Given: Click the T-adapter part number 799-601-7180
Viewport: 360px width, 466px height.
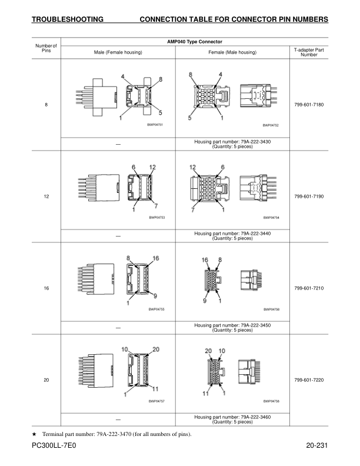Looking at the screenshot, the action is (309, 105).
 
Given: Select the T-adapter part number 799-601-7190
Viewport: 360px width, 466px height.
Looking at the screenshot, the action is (309, 197).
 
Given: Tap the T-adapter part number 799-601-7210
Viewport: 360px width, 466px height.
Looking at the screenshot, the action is (309, 288).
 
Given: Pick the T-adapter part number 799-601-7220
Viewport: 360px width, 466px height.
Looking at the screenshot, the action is (309, 380).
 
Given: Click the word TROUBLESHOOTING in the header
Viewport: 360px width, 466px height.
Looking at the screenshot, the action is (68, 19).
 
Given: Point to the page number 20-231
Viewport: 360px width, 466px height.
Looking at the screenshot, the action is (317, 445).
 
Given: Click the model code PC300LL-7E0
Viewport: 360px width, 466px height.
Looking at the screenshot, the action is (54, 445).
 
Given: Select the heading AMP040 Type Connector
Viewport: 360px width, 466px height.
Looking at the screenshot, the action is (195, 42).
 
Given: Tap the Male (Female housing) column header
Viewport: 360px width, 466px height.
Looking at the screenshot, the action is (118, 52).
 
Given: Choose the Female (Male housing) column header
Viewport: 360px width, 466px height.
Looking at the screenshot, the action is (232, 52).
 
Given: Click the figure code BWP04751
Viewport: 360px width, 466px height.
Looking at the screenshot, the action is (155, 125).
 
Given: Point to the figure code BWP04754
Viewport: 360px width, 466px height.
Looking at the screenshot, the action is (271, 218).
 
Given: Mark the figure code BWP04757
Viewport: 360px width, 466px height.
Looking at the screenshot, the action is (156, 401).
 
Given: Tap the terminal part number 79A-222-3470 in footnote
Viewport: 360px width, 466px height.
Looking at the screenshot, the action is (114, 434).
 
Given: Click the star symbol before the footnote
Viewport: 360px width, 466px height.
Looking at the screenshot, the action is (34, 434).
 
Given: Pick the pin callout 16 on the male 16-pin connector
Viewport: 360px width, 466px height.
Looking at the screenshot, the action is (156, 258).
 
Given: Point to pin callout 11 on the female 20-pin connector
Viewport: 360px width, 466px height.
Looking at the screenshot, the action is (205, 394).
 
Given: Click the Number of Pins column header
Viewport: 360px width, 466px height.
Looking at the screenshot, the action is (46, 48).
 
